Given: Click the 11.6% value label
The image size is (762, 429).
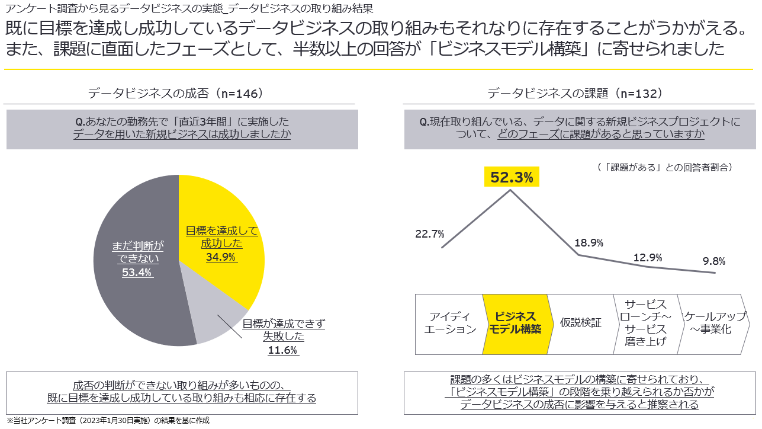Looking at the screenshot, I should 283,350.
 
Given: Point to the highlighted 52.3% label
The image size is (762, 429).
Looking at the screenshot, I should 512,177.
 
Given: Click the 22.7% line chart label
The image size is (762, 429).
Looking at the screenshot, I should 430,233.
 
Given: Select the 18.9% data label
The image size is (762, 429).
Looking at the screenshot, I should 589,242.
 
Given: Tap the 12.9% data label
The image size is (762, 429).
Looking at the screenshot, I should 647,257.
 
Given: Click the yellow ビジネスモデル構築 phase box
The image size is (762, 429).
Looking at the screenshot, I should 516,324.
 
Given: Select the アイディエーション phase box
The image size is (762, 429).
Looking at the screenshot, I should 450,324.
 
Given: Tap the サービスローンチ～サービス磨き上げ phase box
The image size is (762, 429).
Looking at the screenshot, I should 645,324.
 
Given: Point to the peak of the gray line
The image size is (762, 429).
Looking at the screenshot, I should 511,190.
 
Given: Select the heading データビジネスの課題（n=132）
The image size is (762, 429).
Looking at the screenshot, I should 575,94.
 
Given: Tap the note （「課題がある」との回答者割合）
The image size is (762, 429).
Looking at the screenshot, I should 665,167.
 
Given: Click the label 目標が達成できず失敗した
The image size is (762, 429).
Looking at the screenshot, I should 284,330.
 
